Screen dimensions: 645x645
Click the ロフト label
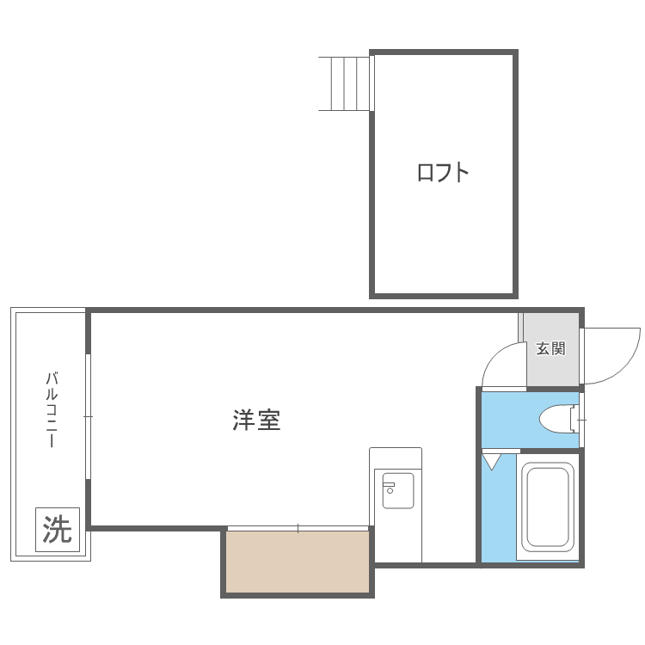pos(443,172)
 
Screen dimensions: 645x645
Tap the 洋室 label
pos(256,421)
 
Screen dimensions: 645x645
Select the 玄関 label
pos(550,349)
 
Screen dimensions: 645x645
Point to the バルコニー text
pos(52,409)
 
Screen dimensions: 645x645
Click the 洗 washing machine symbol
pos(58,529)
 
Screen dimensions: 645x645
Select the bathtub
pos(548,507)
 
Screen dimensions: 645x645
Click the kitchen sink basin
pos(397,490)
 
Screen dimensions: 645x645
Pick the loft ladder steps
pos(344,83)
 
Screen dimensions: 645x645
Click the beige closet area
pos(298,562)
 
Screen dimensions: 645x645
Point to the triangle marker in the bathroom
pos(491,462)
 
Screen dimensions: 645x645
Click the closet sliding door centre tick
pos(298,528)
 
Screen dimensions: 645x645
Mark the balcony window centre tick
pos(88,416)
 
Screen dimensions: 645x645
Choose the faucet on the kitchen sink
pos(389,488)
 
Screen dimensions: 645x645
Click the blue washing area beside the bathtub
pos(498,516)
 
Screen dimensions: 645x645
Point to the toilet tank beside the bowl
pos(574,419)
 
